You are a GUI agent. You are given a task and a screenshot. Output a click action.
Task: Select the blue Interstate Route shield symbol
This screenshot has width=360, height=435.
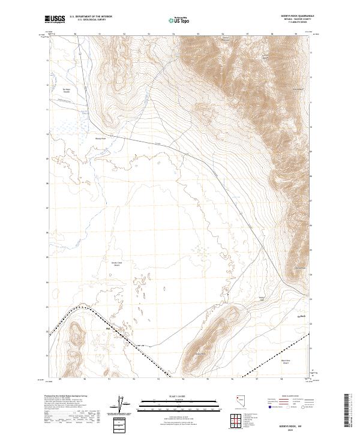click(270, 406)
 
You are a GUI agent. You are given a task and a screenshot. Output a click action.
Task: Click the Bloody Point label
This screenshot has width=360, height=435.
click(100, 137)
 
